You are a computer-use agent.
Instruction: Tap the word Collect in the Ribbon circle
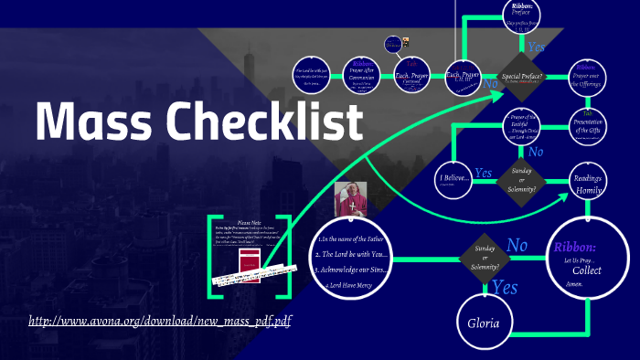[x=587, y=271]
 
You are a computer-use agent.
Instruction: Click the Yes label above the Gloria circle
[x=505, y=286]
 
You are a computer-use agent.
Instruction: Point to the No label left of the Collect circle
[x=517, y=246]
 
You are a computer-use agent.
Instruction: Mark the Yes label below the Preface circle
[x=539, y=47]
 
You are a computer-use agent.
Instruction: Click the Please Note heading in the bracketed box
[x=250, y=222]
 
